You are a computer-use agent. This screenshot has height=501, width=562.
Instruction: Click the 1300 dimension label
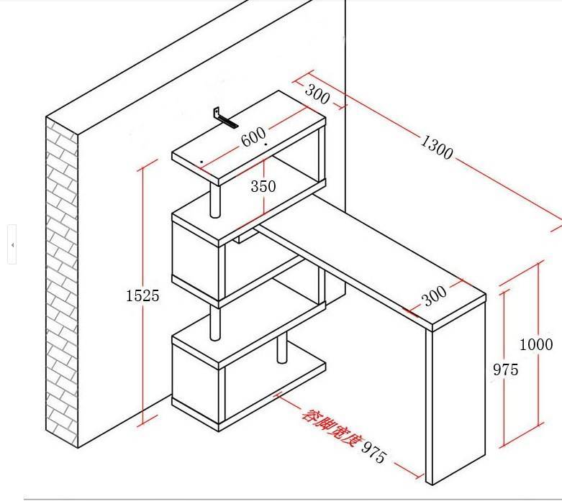(437, 147)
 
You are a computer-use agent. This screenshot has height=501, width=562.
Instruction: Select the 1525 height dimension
(142, 296)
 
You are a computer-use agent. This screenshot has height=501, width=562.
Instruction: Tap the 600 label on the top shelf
(253, 137)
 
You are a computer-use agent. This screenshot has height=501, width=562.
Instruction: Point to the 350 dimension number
(263, 186)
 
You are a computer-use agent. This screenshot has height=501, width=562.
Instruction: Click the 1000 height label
(536, 344)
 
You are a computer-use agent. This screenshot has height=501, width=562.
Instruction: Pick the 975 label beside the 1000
(506, 369)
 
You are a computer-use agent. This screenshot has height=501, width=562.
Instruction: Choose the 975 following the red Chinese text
(374, 452)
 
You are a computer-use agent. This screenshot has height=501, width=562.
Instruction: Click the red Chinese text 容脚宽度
(330, 428)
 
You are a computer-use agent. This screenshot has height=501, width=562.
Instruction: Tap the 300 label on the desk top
(434, 296)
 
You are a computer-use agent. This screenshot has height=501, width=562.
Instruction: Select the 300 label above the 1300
(317, 94)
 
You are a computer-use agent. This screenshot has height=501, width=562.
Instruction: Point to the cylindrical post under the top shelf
(214, 201)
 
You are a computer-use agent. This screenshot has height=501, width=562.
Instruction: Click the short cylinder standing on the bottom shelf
(282, 349)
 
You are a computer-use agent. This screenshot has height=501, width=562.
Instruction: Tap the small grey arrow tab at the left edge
(12, 245)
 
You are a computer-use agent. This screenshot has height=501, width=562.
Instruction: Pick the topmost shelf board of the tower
(249, 138)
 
